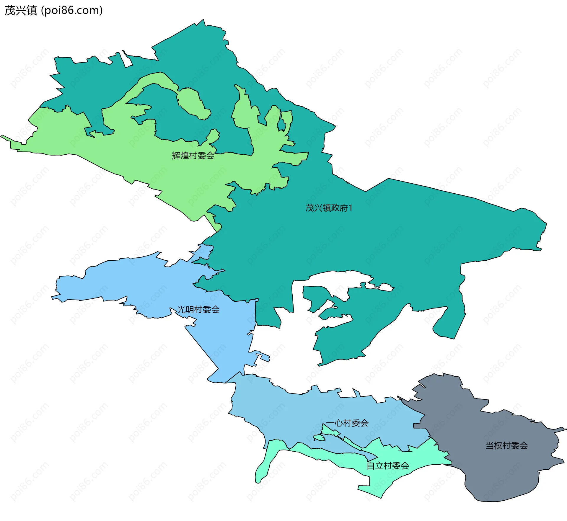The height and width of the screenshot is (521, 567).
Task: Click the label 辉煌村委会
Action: pyautogui.click(x=193, y=155)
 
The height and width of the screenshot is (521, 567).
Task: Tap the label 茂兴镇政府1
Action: pyautogui.click(x=329, y=208)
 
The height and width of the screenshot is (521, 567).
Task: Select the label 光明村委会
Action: pyautogui.click(x=198, y=309)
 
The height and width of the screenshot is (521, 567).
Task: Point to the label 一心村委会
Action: pyautogui.click(x=347, y=423)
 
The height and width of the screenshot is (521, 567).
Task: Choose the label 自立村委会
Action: pyautogui.click(x=388, y=466)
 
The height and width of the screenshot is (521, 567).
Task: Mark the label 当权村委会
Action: pyautogui.click(x=507, y=445)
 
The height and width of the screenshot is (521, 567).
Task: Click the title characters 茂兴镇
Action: pyautogui.click(x=21, y=10)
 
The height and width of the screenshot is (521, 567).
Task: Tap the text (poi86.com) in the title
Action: pyautogui.click(x=72, y=10)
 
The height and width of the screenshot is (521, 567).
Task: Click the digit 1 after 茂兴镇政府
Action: pyautogui.click(x=351, y=208)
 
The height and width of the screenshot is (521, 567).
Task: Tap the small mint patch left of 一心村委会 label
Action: pyautogui.click(x=319, y=437)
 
